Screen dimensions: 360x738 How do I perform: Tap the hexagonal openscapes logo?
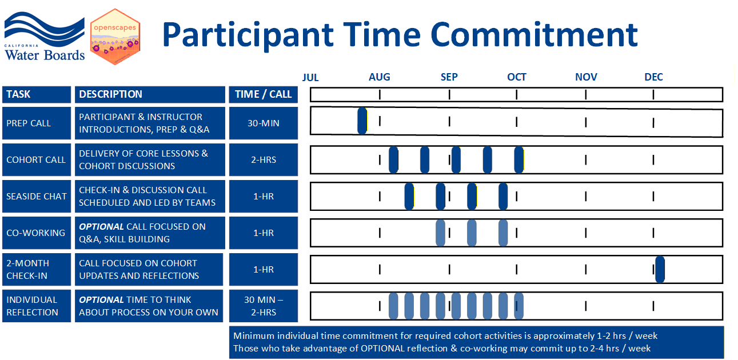115,37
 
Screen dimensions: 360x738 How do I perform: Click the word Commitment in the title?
534,34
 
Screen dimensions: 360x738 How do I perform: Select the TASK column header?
37,94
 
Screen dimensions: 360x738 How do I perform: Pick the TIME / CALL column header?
263,94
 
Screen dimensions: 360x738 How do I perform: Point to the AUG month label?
380,77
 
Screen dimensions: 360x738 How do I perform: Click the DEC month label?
653,77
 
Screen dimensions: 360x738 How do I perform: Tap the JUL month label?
310,77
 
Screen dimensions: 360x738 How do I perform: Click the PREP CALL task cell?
37,123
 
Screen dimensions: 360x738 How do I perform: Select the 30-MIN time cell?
263,123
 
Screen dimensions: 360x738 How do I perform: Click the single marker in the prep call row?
362,121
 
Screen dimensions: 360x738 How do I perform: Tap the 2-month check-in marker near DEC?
660,269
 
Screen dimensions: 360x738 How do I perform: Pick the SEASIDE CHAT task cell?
37,196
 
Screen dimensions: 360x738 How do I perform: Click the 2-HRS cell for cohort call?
263,159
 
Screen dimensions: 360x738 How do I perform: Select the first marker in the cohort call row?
393,159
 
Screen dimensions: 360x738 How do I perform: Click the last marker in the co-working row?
503,233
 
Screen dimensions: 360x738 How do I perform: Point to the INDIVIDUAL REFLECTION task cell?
37,306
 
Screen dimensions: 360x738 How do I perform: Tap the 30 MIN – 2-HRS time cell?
263,306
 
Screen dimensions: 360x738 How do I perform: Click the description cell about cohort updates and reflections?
149,269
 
